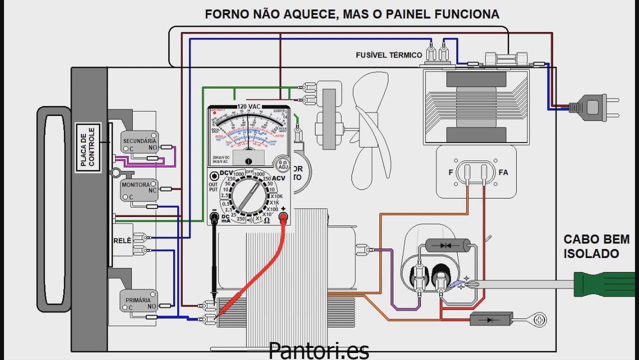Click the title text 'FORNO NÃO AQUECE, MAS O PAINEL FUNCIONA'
point(352,14)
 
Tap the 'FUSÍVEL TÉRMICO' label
point(389,55)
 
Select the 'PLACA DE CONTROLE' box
point(87,147)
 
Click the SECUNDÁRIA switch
point(140,143)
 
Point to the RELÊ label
point(122,241)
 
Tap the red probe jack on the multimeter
point(284,217)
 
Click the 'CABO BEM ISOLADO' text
point(596,246)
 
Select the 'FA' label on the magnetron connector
point(503,172)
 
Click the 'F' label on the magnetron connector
point(451,172)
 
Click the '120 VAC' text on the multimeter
point(248,107)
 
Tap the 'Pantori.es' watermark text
point(319,350)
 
